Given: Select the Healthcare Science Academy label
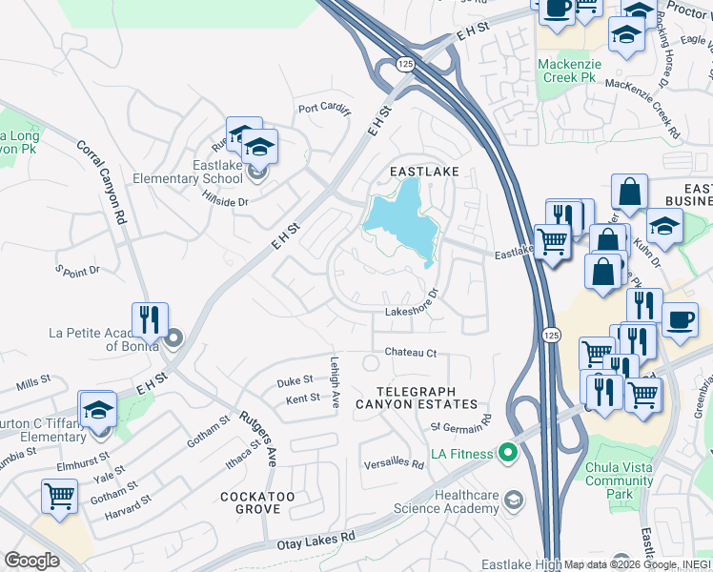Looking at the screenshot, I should pos(467,501).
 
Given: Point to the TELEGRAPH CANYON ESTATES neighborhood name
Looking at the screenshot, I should pos(417,398).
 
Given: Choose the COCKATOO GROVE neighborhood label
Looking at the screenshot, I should pos(257,503).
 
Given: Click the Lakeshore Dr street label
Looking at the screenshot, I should pos(411,311).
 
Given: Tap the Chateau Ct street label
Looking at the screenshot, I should pos(410,353).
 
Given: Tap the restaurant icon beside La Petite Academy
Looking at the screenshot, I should pos(150,319).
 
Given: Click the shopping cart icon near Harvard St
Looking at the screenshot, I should pos(59,496).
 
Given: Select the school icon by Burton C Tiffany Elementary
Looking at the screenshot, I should pos(97,409).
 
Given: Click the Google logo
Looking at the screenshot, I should pos(31,560).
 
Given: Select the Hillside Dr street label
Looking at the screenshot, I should pos(225,201).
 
